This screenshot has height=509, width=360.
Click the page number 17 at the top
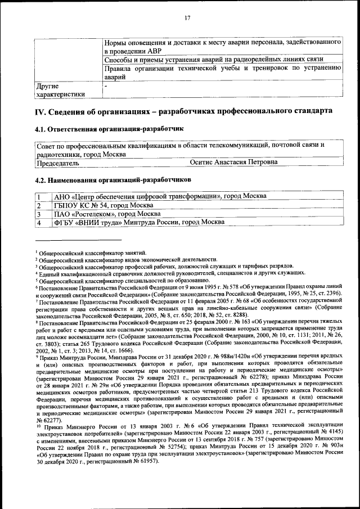(x=187, y=19)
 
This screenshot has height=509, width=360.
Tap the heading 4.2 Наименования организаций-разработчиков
(x=113, y=179)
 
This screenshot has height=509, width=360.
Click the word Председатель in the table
(x=57, y=163)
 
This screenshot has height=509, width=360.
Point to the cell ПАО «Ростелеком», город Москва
(x=107, y=214)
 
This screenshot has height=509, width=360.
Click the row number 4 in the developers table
(x=39, y=223)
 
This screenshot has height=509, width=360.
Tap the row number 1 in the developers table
(x=39, y=196)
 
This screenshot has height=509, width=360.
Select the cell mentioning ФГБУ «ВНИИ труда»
(x=139, y=223)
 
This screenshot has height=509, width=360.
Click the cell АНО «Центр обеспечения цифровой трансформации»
(x=160, y=196)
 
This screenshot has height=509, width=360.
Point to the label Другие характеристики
(x=60, y=91)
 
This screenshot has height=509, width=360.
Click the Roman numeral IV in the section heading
(x=40, y=111)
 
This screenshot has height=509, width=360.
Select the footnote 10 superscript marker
(x=38, y=426)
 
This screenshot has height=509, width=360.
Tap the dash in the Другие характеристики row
(x=106, y=85)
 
